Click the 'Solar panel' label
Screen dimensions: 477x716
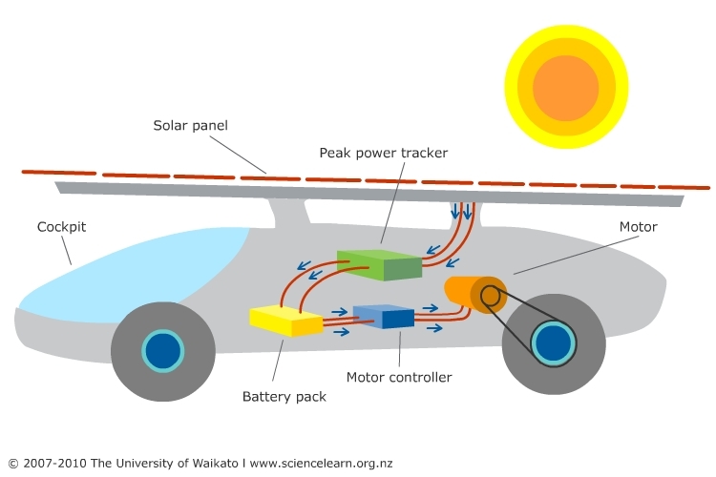pos(191,126)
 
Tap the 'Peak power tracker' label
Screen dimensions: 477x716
pos(383,153)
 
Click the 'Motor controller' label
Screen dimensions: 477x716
pos(398,377)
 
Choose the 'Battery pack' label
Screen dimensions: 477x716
pos(284,396)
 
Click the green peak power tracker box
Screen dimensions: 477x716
pos(379,264)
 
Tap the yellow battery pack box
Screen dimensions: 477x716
pos(285,320)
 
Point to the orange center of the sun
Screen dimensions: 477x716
pos(565,88)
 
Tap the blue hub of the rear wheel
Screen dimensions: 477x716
pos(554,343)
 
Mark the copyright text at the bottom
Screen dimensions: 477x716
pos(200,464)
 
